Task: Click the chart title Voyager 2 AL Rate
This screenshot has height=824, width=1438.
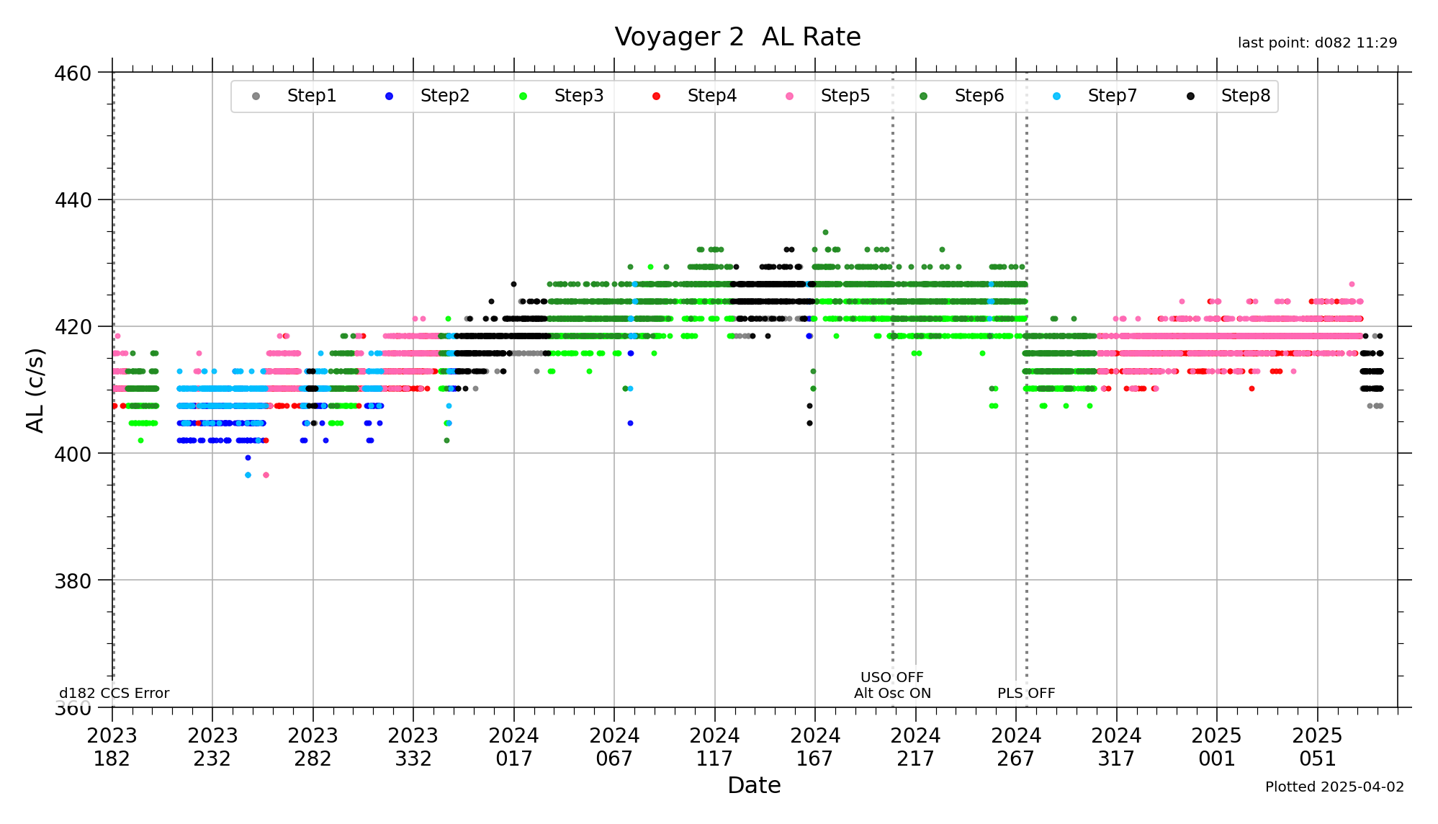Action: click(737, 37)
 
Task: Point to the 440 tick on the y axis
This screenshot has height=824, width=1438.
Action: click(73, 200)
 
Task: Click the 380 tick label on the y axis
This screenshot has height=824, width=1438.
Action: click(73, 581)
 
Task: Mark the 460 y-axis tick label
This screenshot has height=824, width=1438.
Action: click(73, 73)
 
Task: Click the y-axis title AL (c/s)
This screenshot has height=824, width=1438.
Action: click(35, 390)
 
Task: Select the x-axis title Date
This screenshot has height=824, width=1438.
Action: click(754, 785)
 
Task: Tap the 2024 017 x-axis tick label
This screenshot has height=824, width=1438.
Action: click(513, 747)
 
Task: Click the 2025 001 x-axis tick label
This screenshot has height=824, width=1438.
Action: click(1216, 747)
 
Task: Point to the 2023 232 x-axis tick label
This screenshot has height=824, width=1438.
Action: click(212, 747)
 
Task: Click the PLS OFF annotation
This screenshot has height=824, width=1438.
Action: click(1025, 693)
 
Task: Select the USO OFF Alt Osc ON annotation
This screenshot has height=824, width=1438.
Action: click(892, 685)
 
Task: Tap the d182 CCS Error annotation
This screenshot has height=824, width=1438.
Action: click(114, 693)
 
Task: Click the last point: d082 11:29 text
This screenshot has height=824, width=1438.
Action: click(1317, 43)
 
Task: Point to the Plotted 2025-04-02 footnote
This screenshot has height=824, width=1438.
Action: click(1334, 787)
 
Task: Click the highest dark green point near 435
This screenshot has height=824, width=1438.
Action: click(825, 233)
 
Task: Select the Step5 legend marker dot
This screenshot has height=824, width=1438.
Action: click(790, 96)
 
